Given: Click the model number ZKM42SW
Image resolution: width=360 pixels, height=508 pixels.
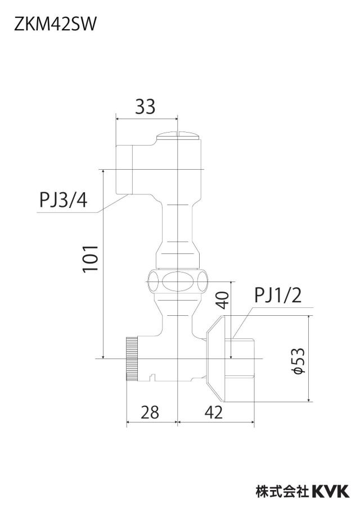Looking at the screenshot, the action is point(55,25).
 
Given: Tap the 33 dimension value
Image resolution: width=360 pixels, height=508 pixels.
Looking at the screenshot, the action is point(145,107).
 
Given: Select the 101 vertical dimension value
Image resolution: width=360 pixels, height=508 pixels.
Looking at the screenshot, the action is point(91,259).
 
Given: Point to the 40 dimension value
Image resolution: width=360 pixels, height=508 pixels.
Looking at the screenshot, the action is point(223,300).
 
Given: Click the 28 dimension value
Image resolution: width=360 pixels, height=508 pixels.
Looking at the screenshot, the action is point(150,412).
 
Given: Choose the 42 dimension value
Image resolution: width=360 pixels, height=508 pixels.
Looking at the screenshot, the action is point(214,412).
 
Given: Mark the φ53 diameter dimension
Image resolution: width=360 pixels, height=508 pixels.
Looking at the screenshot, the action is point(298,361).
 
